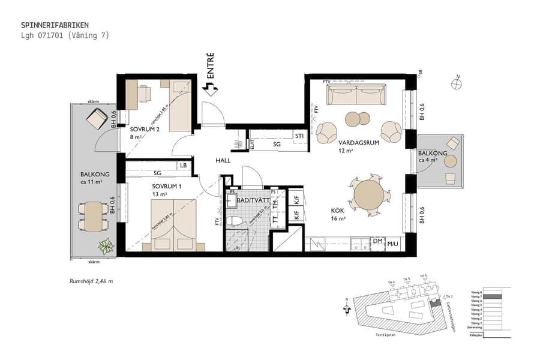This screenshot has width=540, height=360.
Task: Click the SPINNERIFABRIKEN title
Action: coord(55,25)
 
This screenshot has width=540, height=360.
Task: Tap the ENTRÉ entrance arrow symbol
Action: coord(211,89)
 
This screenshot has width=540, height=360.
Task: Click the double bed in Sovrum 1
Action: coord(173,224)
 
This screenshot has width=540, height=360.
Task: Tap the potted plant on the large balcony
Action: coord(106,246)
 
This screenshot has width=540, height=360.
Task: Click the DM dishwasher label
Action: coord(377,241)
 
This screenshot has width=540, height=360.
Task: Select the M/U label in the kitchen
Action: coord(392,244)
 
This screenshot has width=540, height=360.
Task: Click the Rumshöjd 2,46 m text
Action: coord(91,281)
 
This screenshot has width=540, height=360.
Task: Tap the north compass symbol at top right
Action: coord(458,84)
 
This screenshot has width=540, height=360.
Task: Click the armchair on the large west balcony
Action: coord(97,121)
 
